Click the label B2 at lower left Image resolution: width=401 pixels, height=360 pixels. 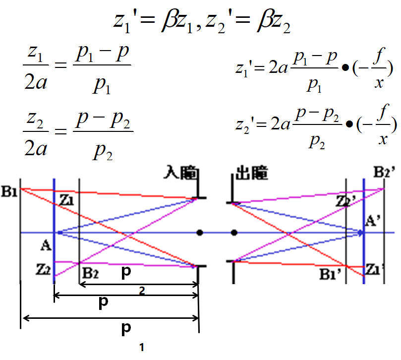[x=90, y=273]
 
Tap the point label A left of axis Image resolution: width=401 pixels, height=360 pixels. [x=46, y=244]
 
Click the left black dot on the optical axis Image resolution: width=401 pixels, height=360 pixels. [x=199, y=232]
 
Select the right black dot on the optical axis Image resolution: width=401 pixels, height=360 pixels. [x=234, y=232]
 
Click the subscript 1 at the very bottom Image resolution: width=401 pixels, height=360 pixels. [x=142, y=348]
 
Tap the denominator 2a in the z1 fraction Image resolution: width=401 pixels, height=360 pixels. [x=36, y=82]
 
